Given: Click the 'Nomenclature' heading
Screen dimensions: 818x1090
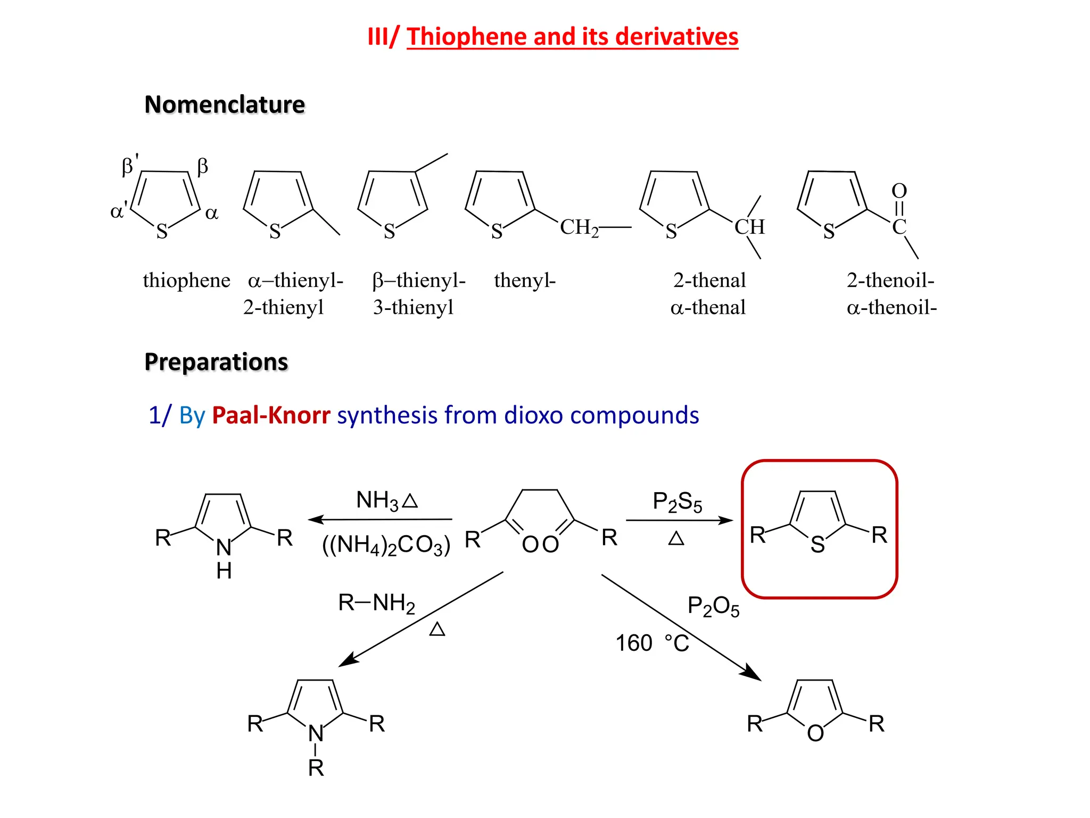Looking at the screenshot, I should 225,104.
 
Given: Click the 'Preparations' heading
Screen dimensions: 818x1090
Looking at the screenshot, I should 216,362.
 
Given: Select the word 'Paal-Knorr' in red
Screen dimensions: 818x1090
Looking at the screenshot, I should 271,415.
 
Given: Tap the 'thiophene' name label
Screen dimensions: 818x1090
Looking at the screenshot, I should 186,280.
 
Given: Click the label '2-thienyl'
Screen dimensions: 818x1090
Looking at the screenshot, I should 284,307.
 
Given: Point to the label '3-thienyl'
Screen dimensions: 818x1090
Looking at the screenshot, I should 413,307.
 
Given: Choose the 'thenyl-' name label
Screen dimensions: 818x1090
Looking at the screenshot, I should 525,280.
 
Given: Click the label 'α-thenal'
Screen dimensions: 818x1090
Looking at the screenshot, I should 708,307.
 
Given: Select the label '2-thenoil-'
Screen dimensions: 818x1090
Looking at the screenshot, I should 890,280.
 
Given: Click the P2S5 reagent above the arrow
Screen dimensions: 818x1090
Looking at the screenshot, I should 677,502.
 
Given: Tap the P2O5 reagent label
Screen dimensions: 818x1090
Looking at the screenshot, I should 713,606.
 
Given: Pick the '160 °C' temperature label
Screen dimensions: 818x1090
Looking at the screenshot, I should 653,643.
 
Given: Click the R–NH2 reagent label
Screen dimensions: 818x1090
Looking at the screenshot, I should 377,603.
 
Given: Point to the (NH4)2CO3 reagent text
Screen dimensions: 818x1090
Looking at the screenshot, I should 386,545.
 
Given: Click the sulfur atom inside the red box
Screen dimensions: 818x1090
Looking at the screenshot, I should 817,545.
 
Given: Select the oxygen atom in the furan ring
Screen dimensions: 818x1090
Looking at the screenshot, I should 815,733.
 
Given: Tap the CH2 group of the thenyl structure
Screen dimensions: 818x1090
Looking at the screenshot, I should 579,227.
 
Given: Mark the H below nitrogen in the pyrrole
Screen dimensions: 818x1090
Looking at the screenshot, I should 224,571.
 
